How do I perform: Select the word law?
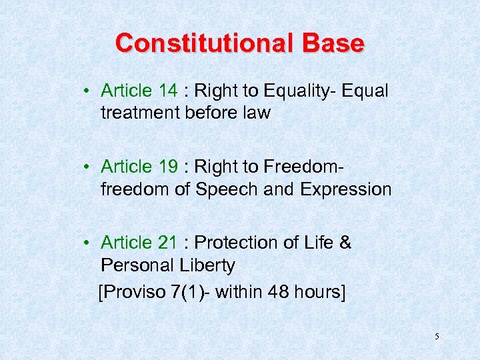coord(257,113)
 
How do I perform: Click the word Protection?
coord(236,243)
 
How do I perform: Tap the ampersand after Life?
coord(345,243)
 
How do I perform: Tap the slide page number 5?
coord(437,337)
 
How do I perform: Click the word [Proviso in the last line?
coord(131,292)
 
